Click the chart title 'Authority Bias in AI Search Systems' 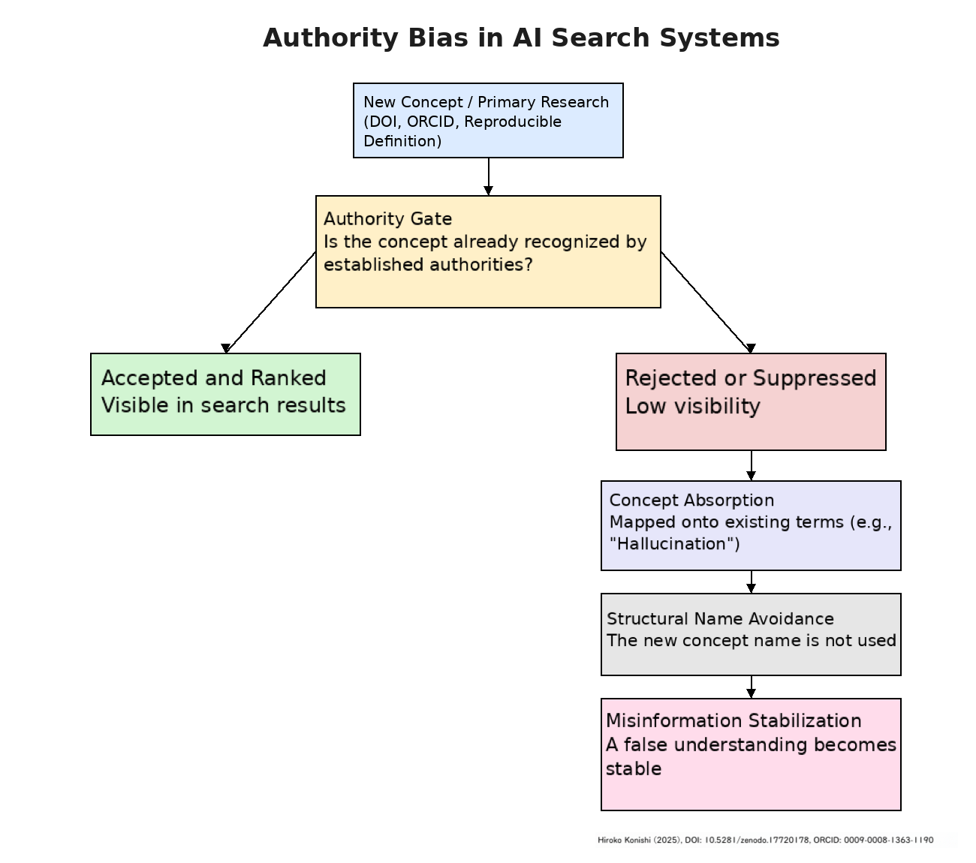521,38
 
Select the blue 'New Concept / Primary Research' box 488,120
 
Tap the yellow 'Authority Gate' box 488,251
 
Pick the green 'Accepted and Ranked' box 225,394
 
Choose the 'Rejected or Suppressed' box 751,401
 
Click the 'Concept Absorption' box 751,525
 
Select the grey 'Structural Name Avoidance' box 751,634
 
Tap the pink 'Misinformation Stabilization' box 751,754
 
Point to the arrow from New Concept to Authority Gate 489,176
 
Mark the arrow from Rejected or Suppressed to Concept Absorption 752,465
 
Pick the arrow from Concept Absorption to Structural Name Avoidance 752,582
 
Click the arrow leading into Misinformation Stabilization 752,687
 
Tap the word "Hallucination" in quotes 674,544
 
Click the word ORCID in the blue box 430,122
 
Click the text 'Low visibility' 692,406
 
